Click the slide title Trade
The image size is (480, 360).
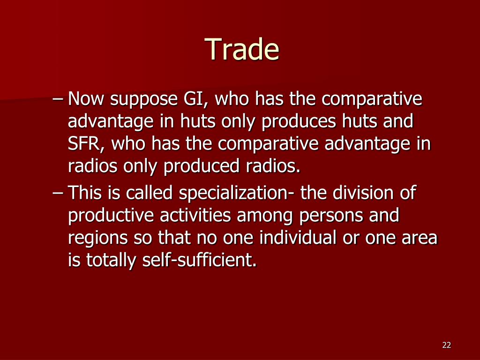tap(243, 49)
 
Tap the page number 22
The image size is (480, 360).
tap(447, 345)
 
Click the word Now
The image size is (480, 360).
tap(86, 98)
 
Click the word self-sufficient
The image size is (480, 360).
tap(199, 260)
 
